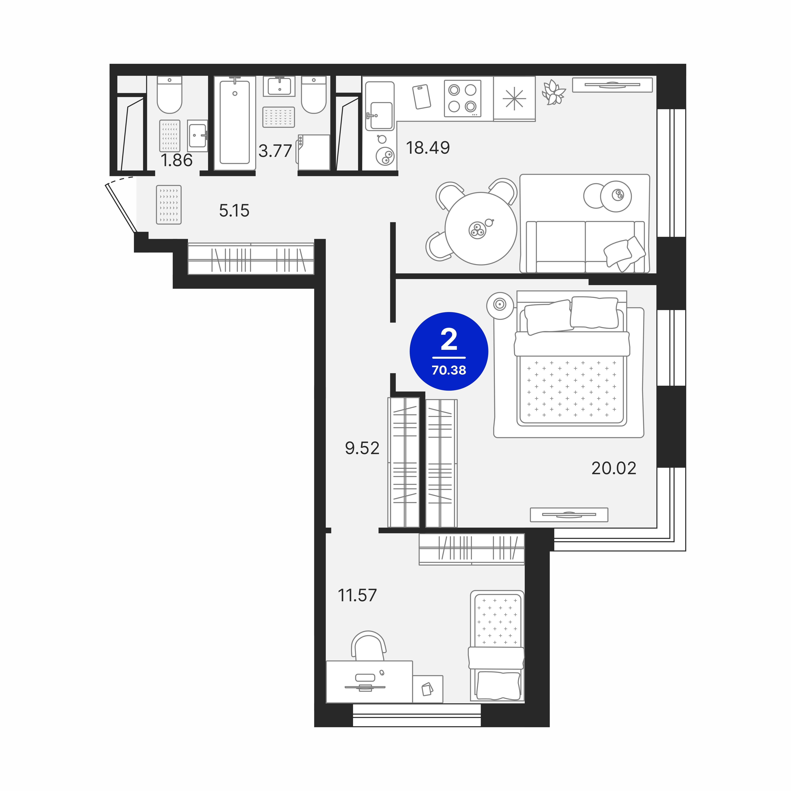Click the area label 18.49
[x=428, y=148]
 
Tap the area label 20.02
[x=614, y=468]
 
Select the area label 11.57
[x=357, y=595]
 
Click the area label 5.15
[x=234, y=211]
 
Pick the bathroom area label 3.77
[x=275, y=151]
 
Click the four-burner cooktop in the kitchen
[x=463, y=98]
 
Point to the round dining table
[x=481, y=228]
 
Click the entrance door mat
[x=169, y=205]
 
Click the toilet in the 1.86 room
[x=169, y=95]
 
